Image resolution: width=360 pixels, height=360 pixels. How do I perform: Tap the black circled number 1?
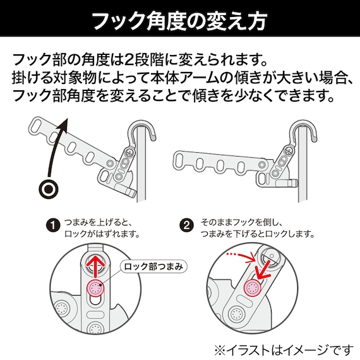point(54,224)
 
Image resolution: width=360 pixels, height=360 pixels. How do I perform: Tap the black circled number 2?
point(186,224)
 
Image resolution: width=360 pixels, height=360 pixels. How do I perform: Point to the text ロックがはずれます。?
point(101,235)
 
